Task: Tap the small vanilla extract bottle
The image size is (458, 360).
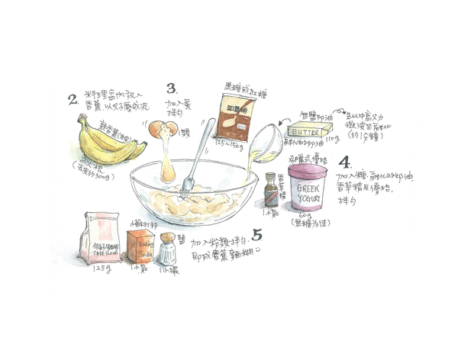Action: click(x=269, y=191)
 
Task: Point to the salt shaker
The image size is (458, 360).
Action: click(x=165, y=251)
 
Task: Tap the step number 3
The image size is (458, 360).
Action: click(x=172, y=88)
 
